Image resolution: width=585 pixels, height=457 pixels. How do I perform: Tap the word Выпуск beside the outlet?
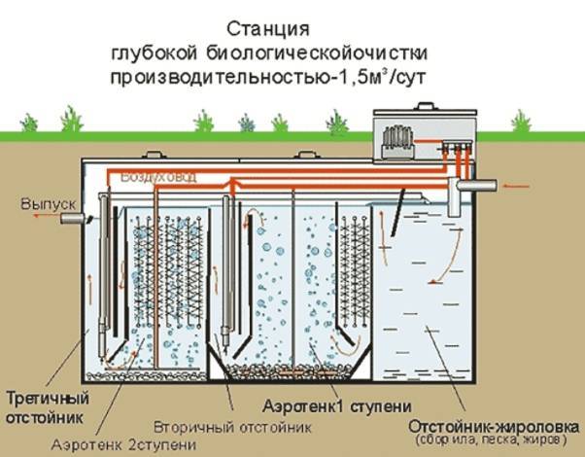point(40,205)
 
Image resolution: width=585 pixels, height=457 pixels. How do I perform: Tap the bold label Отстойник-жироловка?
point(492,424)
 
